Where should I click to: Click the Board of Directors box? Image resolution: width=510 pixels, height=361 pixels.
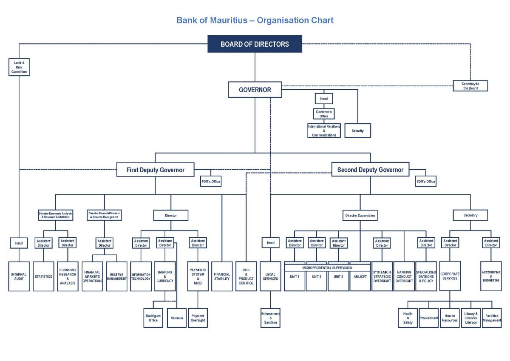[255, 44]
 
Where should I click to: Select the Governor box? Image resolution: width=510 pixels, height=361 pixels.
[255, 90]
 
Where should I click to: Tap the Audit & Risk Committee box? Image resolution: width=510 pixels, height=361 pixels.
[19, 67]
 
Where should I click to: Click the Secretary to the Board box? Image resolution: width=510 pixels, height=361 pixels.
[470, 86]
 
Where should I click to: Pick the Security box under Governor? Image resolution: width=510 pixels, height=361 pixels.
[357, 131]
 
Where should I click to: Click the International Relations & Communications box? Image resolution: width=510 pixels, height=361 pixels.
[324, 131]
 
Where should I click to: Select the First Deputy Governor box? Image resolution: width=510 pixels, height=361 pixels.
[155, 170]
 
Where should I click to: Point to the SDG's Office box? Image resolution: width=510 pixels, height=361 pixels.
[425, 182]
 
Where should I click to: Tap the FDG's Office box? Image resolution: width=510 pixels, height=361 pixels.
[211, 182]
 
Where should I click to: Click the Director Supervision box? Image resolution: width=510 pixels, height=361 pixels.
[360, 215]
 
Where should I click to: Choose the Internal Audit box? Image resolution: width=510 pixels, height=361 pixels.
[19, 276]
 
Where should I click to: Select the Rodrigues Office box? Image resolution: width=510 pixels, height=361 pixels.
[153, 318]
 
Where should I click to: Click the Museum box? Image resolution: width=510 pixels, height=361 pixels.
[177, 318]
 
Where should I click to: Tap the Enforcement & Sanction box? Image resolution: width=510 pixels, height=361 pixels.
[270, 318]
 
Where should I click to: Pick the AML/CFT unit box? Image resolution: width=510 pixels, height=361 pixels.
[360, 277]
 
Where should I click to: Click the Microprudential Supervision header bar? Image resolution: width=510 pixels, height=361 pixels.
[327, 268]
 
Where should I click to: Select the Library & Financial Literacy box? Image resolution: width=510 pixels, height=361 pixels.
[471, 318]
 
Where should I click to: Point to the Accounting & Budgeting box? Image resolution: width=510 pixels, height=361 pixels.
[491, 276]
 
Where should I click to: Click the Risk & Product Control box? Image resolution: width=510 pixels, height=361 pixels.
[246, 276]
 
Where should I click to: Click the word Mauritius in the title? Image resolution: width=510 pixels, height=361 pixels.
[229, 20]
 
